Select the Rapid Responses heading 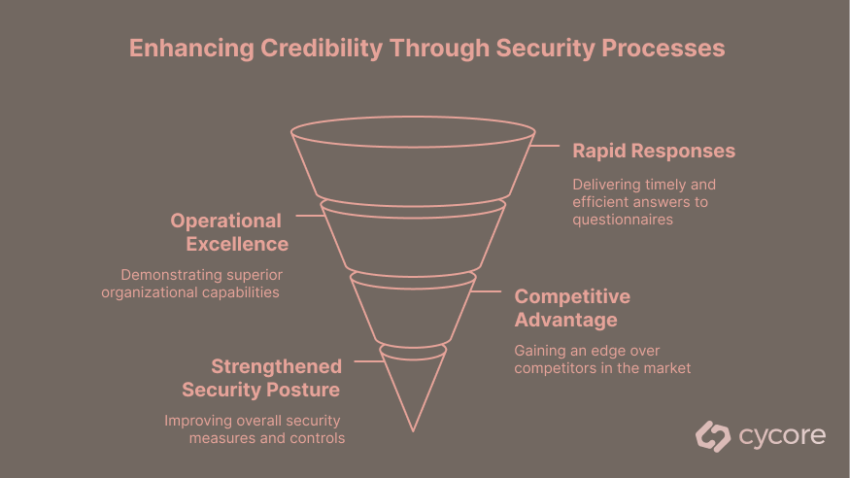(653, 151)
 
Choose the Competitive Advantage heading (571, 308)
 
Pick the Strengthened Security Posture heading (261, 378)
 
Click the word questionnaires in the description (623, 220)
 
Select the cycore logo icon (713, 436)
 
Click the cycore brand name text (782, 436)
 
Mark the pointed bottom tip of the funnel (414, 428)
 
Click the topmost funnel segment (413, 165)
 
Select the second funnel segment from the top (413, 238)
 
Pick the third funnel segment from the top (413, 309)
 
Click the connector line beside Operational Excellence (309, 215)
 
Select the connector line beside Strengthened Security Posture (366, 361)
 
